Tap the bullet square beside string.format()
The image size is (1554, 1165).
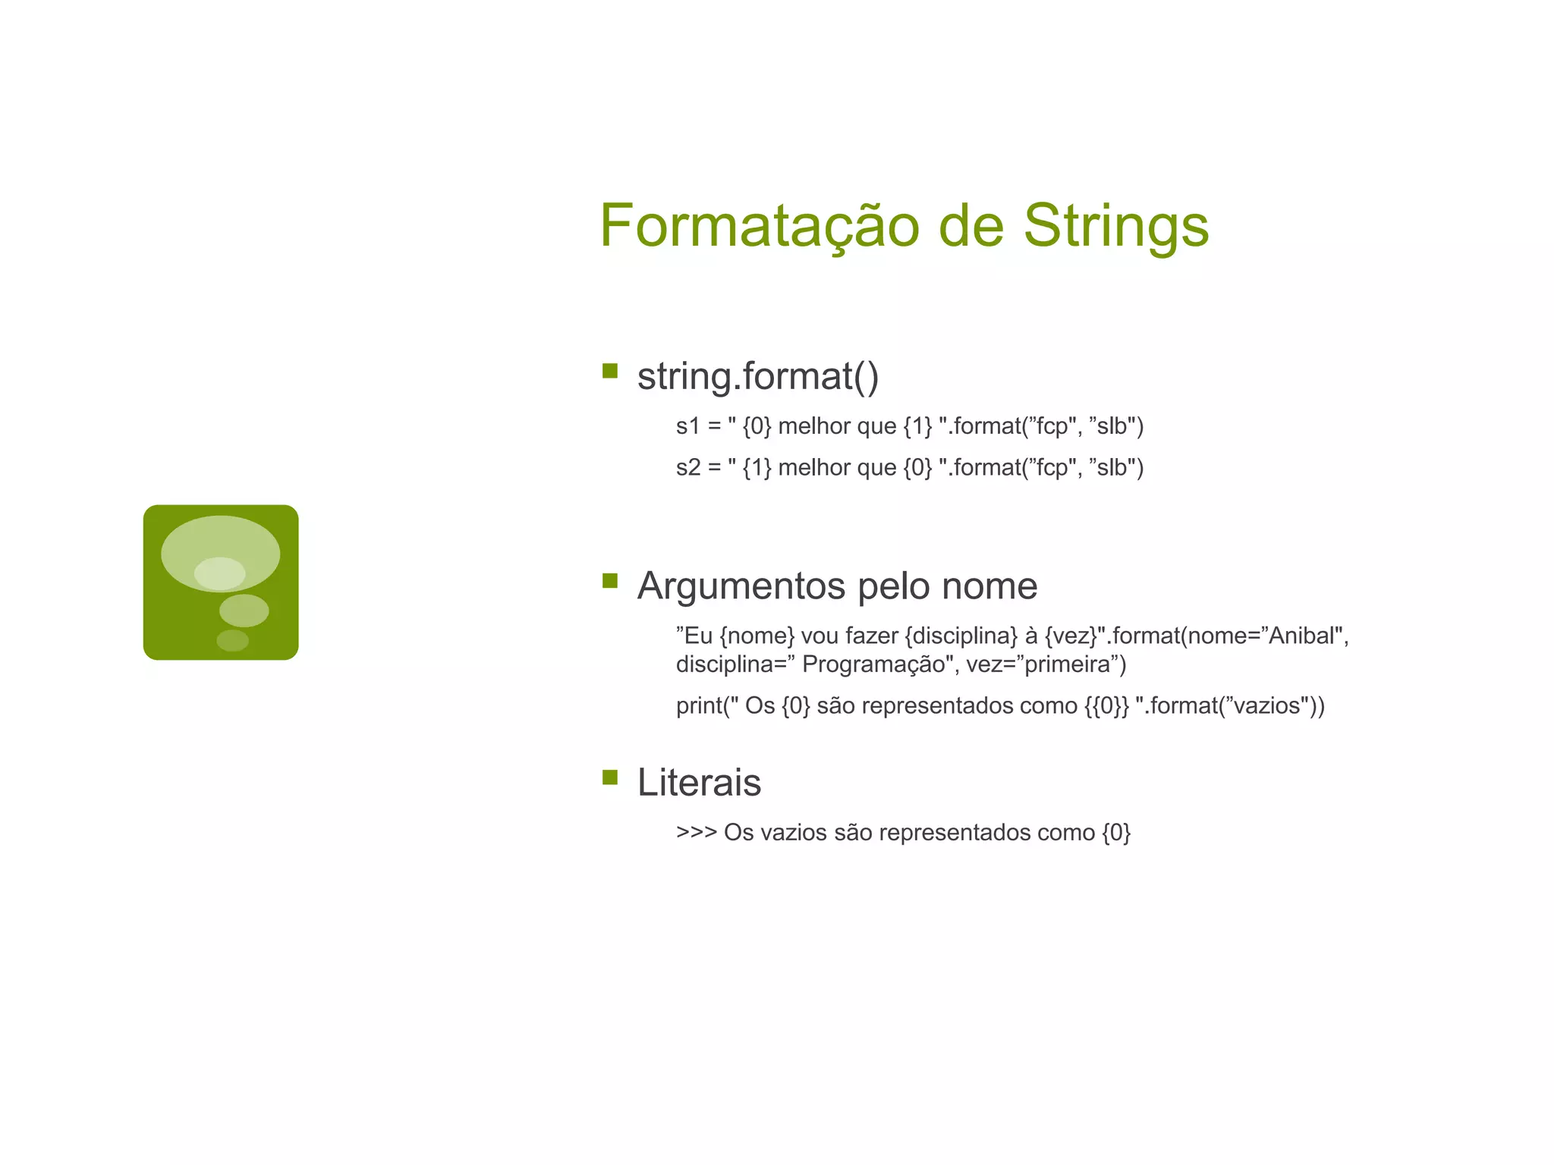click(x=609, y=371)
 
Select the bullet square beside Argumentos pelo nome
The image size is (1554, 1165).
click(x=609, y=581)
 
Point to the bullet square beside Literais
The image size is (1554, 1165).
click(x=609, y=777)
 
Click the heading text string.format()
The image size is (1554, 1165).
click(x=757, y=376)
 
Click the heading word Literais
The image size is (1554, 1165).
click(x=699, y=783)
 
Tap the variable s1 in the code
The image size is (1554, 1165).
click(x=687, y=426)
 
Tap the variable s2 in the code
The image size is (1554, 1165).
click(x=687, y=467)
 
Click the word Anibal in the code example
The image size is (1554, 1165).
click(x=1301, y=636)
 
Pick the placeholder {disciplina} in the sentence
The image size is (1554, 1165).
click(x=961, y=636)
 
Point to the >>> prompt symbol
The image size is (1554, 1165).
click(x=696, y=833)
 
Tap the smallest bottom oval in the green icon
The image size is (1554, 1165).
click(x=232, y=641)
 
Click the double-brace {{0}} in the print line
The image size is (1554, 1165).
click(x=1106, y=706)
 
